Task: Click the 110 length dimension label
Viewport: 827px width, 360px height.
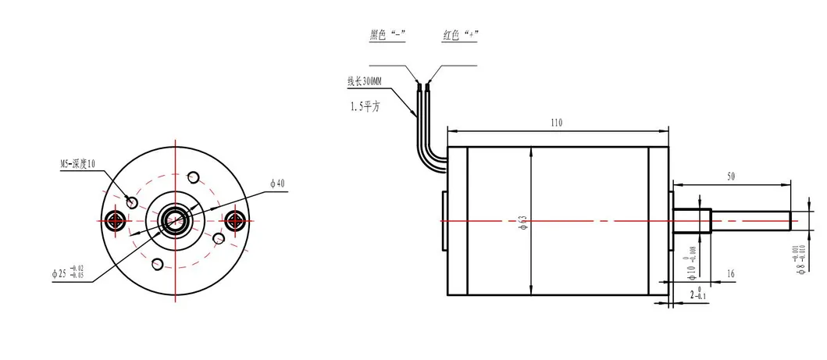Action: point(556,123)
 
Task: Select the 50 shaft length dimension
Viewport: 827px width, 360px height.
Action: point(731,177)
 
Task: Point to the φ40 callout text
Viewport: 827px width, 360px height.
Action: point(278,183)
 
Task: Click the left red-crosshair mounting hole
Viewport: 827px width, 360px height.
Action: point(117,220)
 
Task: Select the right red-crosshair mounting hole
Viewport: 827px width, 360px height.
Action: point(233,220)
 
